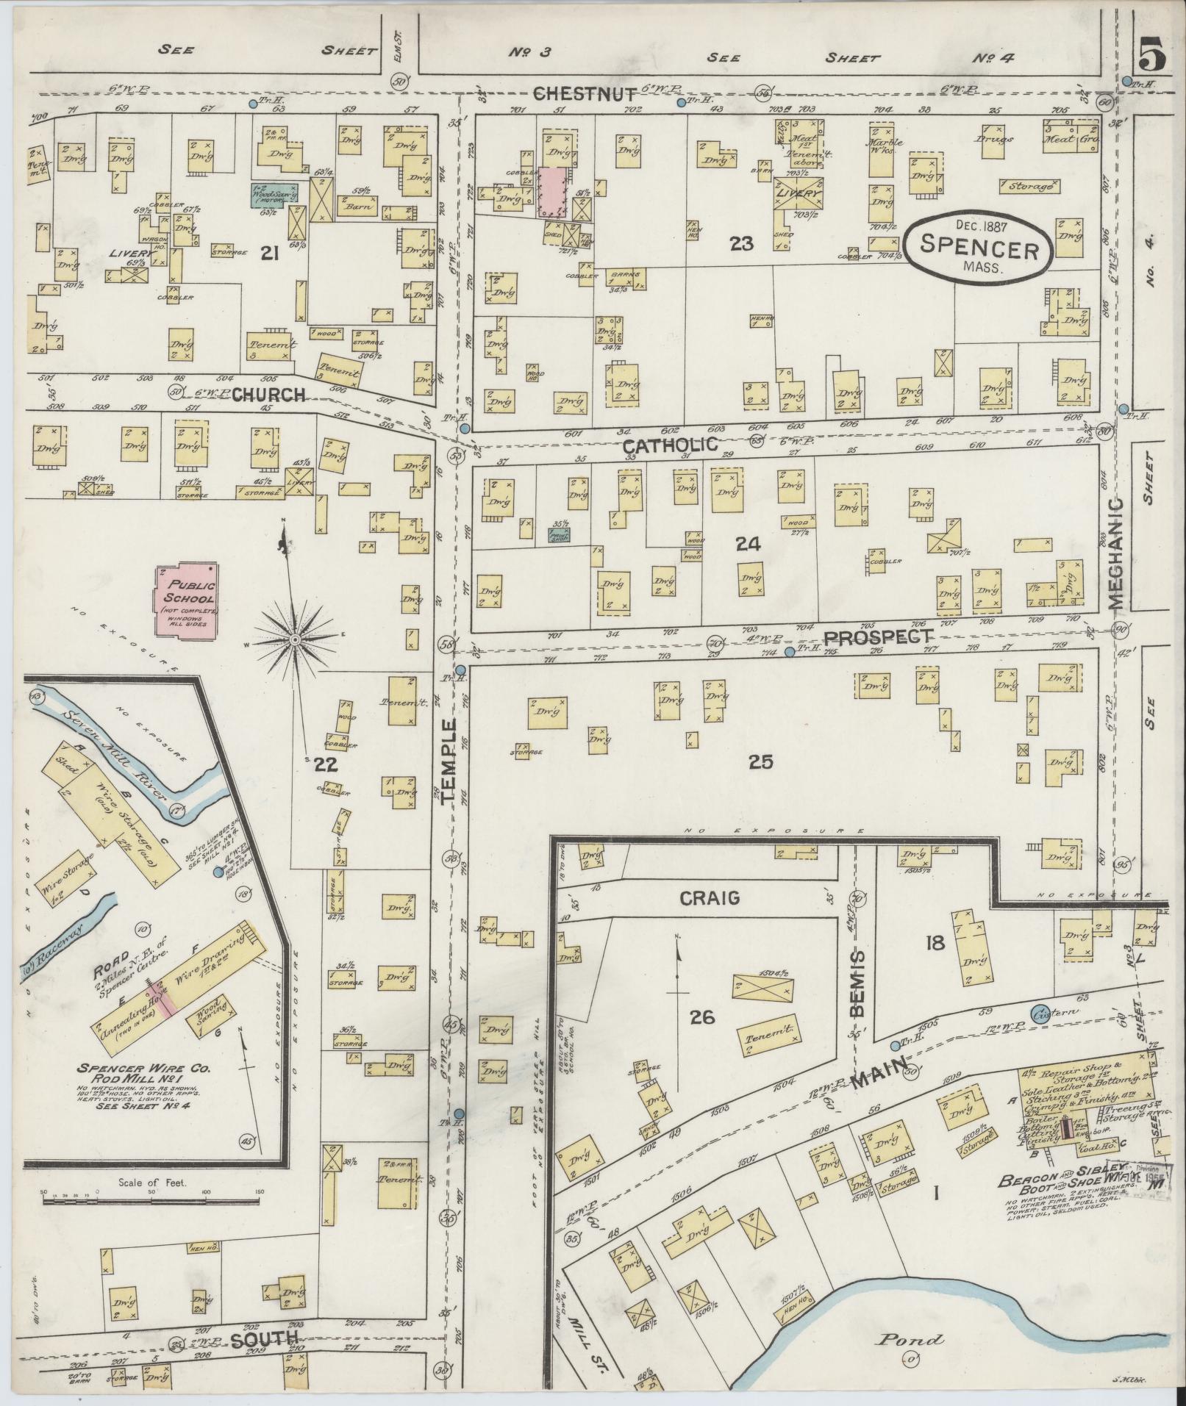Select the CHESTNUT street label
point(584,93)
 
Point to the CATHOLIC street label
point(669,445)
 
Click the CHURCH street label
point(268,395)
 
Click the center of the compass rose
point(295,639)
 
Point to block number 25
point(760,762)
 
